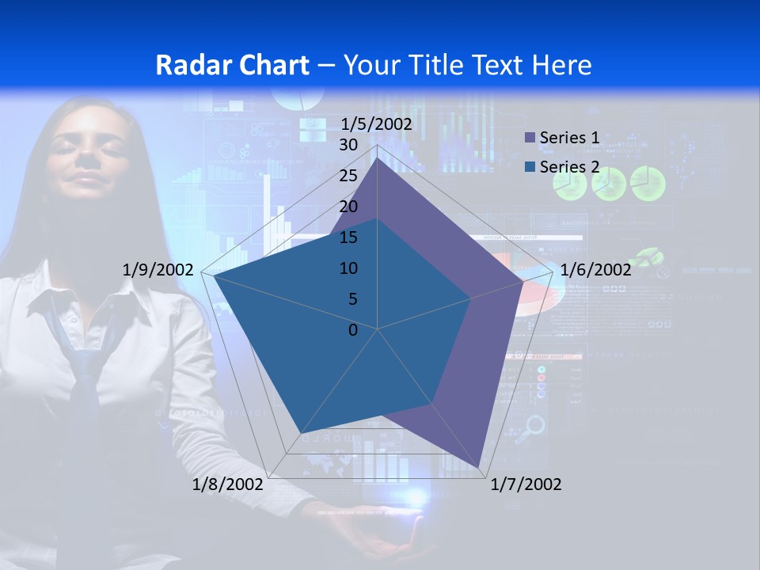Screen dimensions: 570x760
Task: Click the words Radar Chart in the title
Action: pyautogui.click(x=233, y=65)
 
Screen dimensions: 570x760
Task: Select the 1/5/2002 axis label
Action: pyautogui.click(x=376, y=123)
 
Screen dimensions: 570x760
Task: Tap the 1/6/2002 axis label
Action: pyautogui.click(x=595, y=270)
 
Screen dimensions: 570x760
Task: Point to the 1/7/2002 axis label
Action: pyautogui.click(x=526, y=484)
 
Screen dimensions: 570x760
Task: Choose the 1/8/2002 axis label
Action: pyautogui.click(x=227, y=484)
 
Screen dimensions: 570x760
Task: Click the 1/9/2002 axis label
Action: pyautogui.click(x=158, y=270)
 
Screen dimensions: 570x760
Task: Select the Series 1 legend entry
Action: pyautogui.click(x=568, y=138)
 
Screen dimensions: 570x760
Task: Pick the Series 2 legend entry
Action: pyautogui.click(x=568, y=167)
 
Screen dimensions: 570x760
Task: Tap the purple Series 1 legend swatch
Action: pyautogui.click(x=530, y=139)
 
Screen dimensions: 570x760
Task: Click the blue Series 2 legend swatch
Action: pyautogui.click(x=530, y=168)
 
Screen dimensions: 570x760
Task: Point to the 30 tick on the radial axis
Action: pyautogui.click(x=348, y=145)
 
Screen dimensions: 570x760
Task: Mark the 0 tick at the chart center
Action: pyautogui.click(x=353, y=330)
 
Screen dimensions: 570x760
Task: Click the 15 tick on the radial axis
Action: pyautogui.click(x=348, y=237)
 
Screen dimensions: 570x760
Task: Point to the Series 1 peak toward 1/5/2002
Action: pyautogui.click(x=378, y=158)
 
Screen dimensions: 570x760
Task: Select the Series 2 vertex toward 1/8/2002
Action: pyautogui.click(x=300, y=434)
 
